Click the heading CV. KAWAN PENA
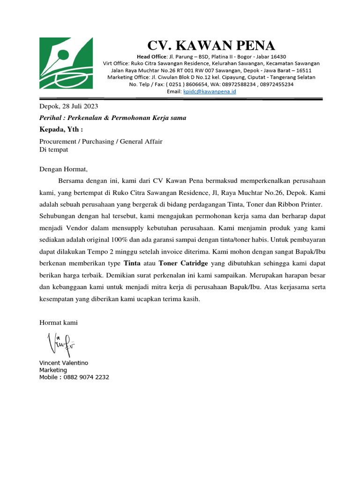tap(211, 45)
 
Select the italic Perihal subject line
tap(112, 118)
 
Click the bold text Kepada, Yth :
tap(61, 129)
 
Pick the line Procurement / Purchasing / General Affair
tap(101, 142)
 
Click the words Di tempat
tap(53, 150)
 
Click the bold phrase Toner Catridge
tap(183, 263)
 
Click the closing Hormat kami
tap(58, 322)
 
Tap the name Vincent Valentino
tap(63, 363)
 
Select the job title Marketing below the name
tap(53, 370)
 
